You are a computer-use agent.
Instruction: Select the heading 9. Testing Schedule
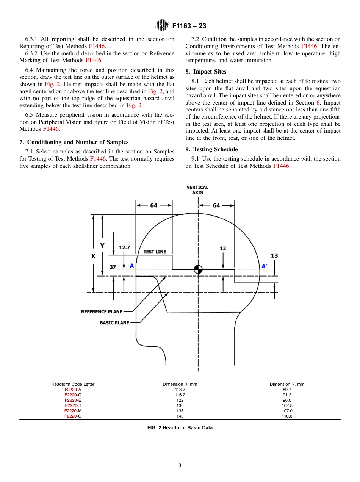211,149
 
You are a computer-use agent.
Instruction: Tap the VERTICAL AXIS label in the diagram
197,190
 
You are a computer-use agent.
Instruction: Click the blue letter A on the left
132,266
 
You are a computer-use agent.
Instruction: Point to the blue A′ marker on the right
264,266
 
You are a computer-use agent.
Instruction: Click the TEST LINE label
155,252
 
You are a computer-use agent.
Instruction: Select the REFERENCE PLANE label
102,312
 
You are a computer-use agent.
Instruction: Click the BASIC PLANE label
114,323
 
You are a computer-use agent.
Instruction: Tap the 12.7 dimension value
124,247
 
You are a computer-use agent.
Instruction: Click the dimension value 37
113,267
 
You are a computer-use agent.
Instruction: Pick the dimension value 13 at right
274,256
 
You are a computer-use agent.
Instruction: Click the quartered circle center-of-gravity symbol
198,269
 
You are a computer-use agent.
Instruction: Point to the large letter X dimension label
93,256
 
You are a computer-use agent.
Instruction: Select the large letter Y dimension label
102,246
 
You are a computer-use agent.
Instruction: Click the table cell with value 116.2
180,395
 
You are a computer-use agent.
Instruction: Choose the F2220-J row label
73,405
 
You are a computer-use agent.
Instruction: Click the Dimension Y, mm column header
286,384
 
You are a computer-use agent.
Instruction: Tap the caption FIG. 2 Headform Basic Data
180,428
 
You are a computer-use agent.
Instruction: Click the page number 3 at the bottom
180,466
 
